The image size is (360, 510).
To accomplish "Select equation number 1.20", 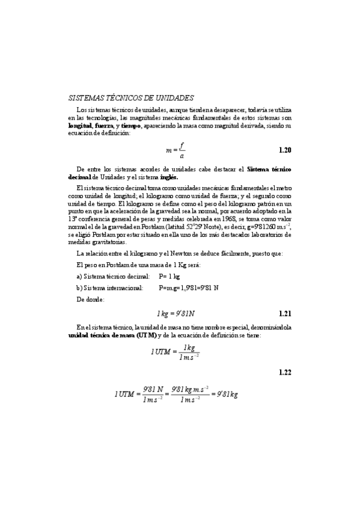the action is pyautogui.click(x=285, y=150).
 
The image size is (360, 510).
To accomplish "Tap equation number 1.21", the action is pyautogui.click(x=285, y=314).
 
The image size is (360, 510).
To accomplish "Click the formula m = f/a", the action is pyautogui.click(x=175, y=150).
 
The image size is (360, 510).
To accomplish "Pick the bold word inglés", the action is pyautogui.click(x=169, y=177).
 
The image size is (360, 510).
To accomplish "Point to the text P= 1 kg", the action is pyautogui.click(x=170, y=277).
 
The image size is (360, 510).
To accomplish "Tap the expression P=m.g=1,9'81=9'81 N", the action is pyautogui.click(x=189, y=288).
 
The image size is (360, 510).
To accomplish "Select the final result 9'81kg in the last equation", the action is pyautogui.click(x=227, y=395).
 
